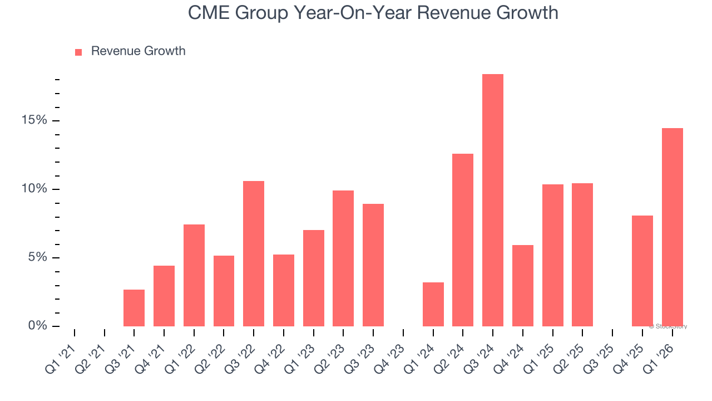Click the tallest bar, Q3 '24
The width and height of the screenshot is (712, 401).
[493, 200]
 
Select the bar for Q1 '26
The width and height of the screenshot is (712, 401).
[673, 227]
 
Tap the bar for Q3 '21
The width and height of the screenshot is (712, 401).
[134, 308]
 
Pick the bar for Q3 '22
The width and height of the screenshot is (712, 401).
[254, 254]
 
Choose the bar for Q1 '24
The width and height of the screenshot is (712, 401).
[433, 305]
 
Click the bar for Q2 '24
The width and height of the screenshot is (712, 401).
[463, 240]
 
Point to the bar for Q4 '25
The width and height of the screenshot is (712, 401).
[642, 271]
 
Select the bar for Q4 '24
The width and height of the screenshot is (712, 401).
[523, 286]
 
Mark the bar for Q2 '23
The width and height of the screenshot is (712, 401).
[343, 258]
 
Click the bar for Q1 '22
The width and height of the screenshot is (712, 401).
[194, 276]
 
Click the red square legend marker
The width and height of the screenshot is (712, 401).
[78, 52]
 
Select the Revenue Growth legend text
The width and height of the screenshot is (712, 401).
[138, 51]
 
